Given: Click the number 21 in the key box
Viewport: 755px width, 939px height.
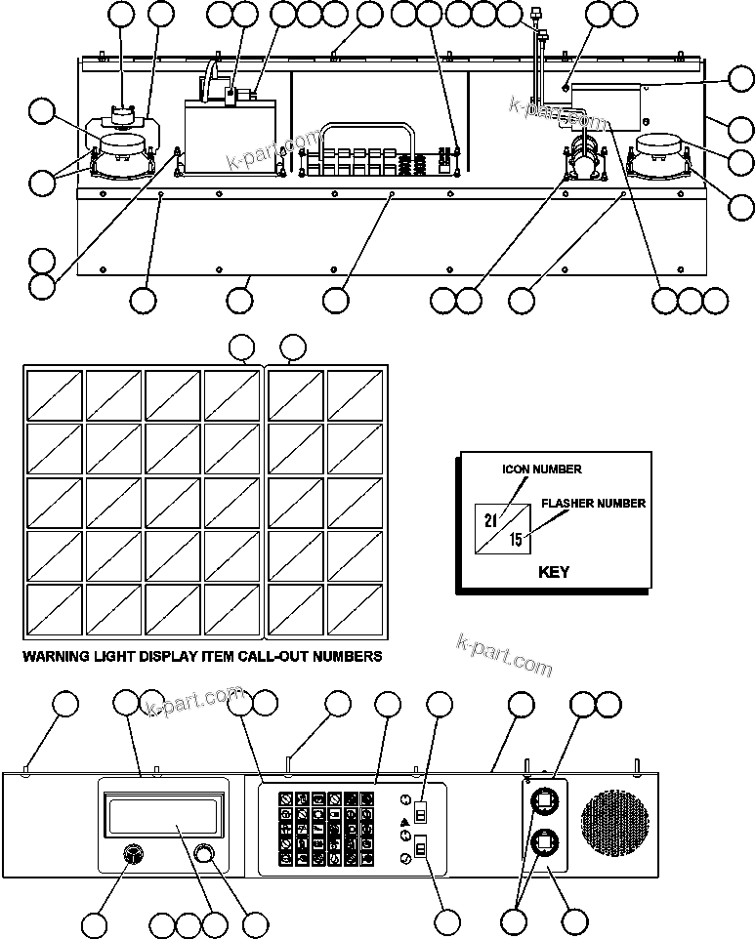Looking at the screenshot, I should coord(490,518).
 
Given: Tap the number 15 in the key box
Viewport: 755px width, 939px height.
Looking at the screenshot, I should coord(516,539).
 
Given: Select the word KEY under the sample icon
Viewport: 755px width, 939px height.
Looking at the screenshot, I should coord(554,572).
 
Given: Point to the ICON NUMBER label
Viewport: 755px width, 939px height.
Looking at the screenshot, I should coord(542,469).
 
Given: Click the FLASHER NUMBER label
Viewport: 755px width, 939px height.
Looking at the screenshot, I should coord(593,504).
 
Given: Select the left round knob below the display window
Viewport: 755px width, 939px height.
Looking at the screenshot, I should coord(131,854).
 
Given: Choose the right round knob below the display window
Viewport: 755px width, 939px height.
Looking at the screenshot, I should coord(204,854).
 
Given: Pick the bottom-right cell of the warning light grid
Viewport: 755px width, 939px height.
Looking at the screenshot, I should coord(356,609).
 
